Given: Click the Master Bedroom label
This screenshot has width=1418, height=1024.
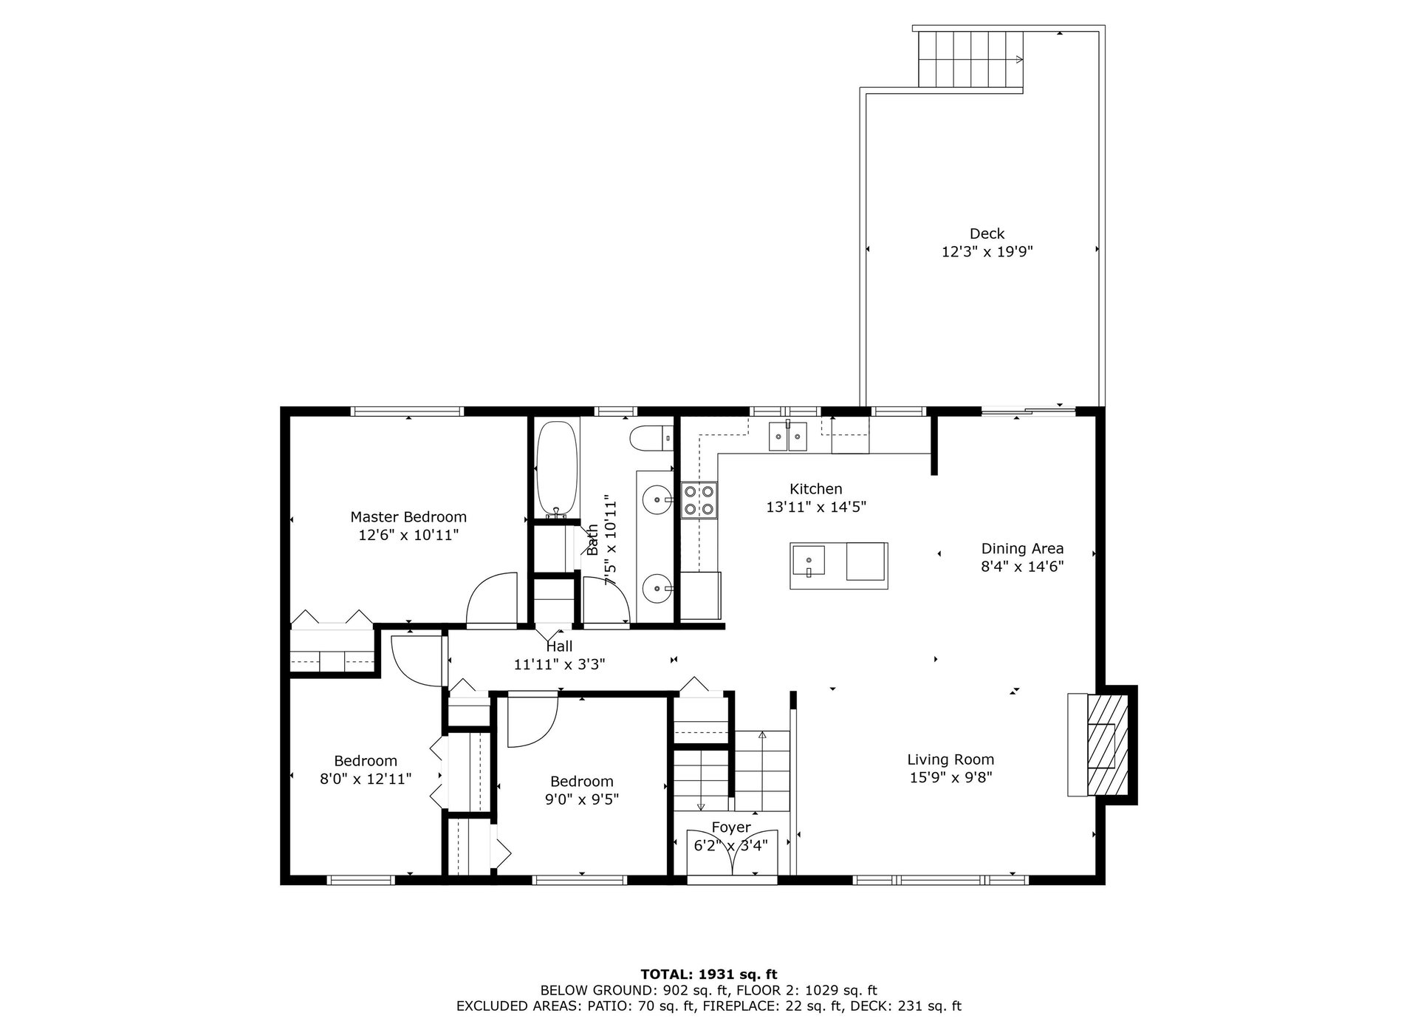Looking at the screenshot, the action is coord(408,517).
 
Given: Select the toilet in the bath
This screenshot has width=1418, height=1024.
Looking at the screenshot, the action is coord(652,438).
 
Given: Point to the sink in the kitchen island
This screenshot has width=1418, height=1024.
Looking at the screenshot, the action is coord(808,560).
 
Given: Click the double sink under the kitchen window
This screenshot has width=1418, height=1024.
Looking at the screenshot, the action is coord(787,435).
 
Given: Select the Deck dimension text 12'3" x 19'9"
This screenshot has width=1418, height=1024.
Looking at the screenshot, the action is coord(987,252).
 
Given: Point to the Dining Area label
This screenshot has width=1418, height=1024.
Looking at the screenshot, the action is coord(1022,548).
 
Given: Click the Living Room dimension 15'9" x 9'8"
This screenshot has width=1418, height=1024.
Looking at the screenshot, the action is coord(951,777).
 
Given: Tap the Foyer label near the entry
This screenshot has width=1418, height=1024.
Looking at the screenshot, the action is coord(731,827).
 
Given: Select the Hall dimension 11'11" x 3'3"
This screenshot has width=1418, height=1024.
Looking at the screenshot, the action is coord(559,664).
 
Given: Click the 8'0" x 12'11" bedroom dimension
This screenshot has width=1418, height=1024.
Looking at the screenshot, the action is coord(366,779).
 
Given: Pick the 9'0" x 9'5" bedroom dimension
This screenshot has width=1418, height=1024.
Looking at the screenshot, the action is coord(581,799).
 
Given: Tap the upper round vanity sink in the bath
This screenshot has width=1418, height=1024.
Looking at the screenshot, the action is coord(657,500).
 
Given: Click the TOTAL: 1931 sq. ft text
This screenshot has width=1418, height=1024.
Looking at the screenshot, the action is coord(709,974).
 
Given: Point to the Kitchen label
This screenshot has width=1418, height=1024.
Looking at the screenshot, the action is coord(815,489).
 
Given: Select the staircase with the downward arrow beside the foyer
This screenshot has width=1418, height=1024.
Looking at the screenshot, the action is coord(702,780).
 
